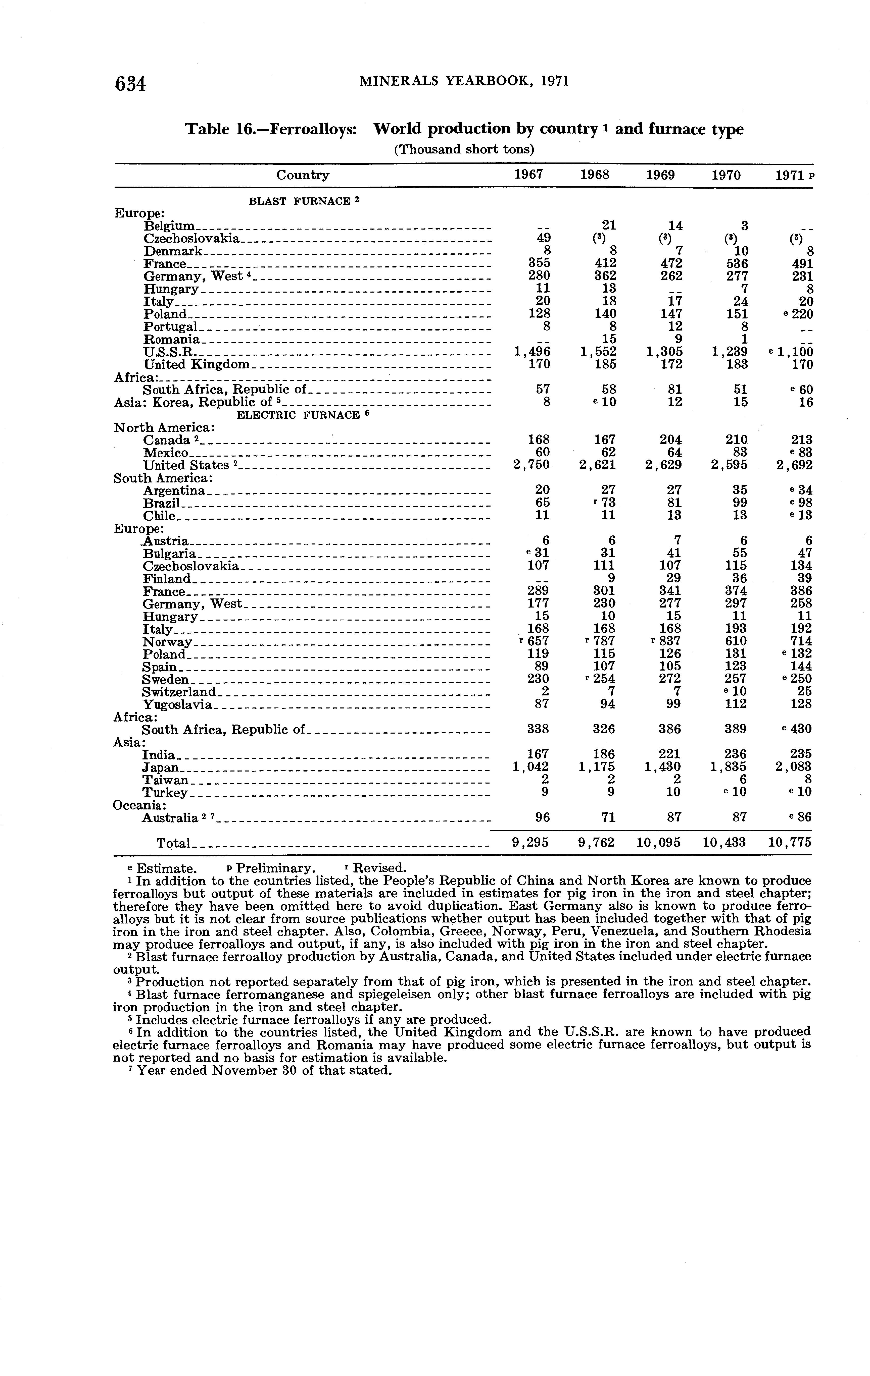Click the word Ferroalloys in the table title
313,130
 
